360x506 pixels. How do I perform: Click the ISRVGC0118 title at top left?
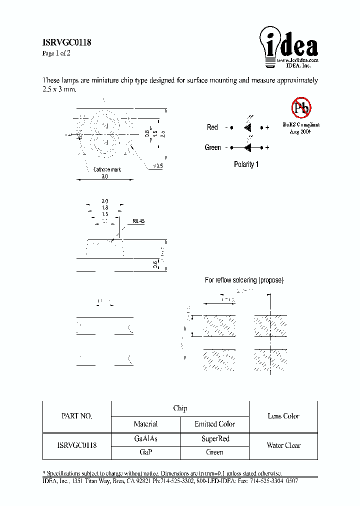click(x=66, y=43)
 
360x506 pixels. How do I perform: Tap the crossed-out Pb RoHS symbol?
click(x=301, y=107)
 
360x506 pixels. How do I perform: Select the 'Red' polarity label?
click(x=212, y=127)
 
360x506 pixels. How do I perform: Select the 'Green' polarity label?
click(x=212, y=147)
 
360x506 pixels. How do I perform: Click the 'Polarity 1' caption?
click(x=246, y=164)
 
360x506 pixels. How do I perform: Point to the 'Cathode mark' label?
click(x=107, y=169)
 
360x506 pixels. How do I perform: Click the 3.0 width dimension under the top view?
click(x=104, y=176)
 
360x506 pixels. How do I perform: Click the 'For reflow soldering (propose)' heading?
click(x=244, y=280)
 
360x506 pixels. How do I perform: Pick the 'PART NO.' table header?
click(x=76, y=416)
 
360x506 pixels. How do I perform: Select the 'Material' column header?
click(x=145, y=424)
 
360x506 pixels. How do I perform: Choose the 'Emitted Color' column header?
click(x=214, y=424)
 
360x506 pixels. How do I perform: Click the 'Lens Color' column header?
click(x=283, y=416)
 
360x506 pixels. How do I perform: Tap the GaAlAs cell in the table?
click(x=145, y=438)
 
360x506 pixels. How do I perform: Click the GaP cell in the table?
click(x=145, y=452)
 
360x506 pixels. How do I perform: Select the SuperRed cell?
click(x=215, y=438)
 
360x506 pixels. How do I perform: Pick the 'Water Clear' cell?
click(x=283, y=445)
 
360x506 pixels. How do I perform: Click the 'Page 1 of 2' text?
click(x=55, y=53)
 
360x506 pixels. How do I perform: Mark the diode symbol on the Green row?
click(x=247, y=147)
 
